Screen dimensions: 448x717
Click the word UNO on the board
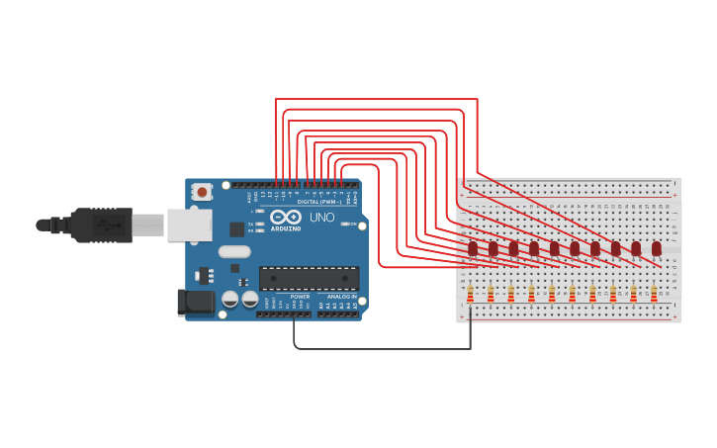tap(322, 218)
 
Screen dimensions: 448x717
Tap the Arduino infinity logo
tap(285, 217)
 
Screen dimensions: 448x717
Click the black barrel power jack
tap(195, 302)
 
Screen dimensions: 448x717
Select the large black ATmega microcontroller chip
tap(309, 278)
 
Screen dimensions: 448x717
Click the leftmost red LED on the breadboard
tap(473, 247)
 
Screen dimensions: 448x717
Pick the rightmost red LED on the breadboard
tap(656, 248)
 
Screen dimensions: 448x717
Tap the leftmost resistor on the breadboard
tap(470, 294)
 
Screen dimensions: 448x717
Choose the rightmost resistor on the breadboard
tap(654, 294)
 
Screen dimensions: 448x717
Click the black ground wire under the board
tap(381, 348)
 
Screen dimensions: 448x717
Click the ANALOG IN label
tap(342, 296)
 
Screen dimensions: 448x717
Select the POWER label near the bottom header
tap(301, 296)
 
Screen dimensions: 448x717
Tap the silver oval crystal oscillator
tap(234, 251)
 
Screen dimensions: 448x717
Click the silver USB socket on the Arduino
tap(189, 224)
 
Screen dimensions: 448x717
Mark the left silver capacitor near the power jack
tap(230, 298)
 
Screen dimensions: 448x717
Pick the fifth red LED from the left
tap(555, 247)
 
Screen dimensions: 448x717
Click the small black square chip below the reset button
tap(237, 228)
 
